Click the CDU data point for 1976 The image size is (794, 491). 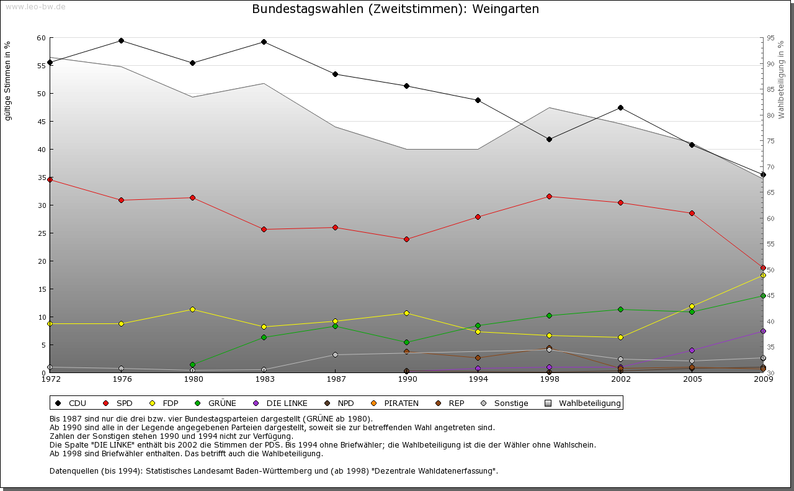tap(121, 41)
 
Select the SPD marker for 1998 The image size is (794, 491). tap(549, 197)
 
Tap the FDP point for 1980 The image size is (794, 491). tap(192, 309)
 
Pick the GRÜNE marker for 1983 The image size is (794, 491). tap(264, 338)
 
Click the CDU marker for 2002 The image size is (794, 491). tap(620, 108)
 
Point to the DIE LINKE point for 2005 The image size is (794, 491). tap(692, 351)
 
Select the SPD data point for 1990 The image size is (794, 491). tap(406, 239)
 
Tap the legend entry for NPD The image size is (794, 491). tap(339, 403)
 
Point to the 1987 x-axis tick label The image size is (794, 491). tap(335, 379)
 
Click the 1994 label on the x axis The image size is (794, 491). tap(478, 379)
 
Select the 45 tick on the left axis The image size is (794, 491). tap(41, 122)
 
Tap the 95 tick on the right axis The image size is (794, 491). tap(770, 38)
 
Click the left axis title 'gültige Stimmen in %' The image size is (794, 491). tap(8, 81)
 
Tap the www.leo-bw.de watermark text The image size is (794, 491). tap(35, 6)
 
